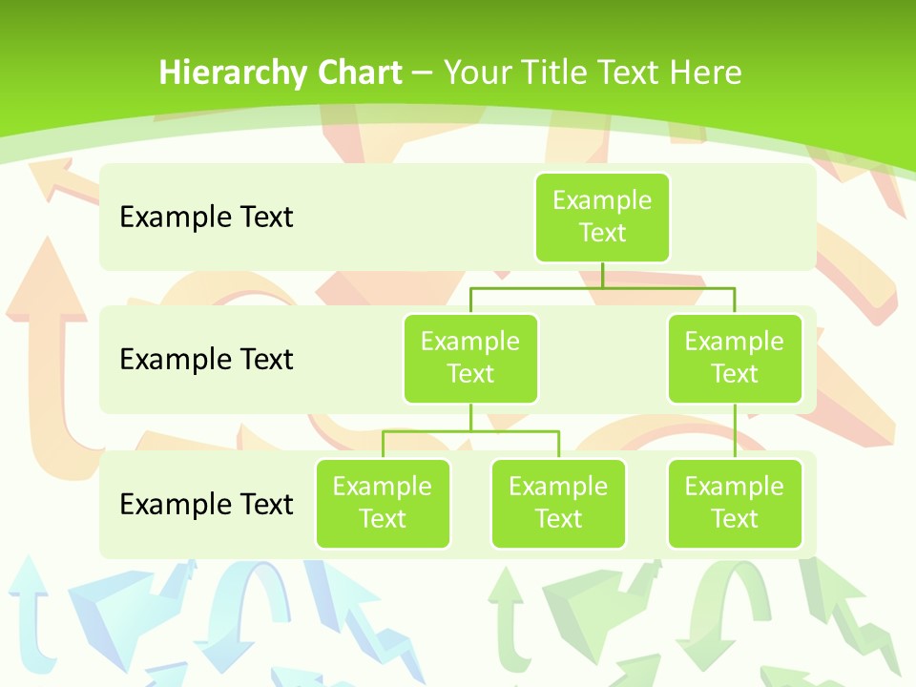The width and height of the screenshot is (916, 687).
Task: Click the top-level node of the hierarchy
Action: [x=602, y=217]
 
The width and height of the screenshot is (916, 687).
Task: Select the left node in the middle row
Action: [x=470, y=358]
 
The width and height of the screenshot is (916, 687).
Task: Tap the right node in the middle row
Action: [x=735, y=358]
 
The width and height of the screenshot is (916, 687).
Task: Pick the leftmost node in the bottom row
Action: [x=383, y=503]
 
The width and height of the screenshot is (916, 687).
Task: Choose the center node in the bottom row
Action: [x=558, y=503]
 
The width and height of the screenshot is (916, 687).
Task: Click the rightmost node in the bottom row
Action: [x=735, y=503]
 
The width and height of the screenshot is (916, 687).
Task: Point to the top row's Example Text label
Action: [x=206, y=218]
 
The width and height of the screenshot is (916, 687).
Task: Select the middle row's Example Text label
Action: [x=206, y=360]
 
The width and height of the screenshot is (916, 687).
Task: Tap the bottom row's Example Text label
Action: [x=206, y=504]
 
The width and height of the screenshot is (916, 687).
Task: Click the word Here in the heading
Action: [x=705, y=73]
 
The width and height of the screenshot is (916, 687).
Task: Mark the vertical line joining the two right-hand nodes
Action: [x=735, y=430]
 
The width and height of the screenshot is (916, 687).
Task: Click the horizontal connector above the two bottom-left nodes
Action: [x=470, y=431]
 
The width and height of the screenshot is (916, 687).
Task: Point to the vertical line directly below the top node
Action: [x=602, y=275]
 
